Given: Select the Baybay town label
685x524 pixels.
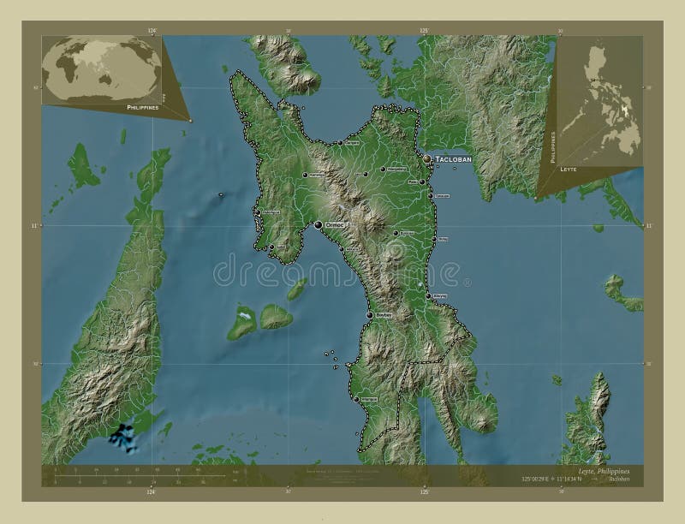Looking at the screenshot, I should click(x=384, y=316).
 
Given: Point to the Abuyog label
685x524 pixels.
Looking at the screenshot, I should click(x=440, y=294).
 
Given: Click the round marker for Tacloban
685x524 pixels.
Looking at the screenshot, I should click(x=427, y=159).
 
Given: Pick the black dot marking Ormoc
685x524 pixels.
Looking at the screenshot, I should click(x=319, y=225).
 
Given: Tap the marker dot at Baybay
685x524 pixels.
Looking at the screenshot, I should click(x=369, y=316).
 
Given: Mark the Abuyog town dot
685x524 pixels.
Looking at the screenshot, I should click(x=428, y=296).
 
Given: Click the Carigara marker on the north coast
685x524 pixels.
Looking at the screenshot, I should click(x=340, y=143).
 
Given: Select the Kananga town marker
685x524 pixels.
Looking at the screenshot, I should click(x=304, y=176).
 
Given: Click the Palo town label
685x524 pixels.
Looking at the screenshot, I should click(x=412, y=181).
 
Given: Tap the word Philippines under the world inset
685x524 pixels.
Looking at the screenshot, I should click(x=142, y=109).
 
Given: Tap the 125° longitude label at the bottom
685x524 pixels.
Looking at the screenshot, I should click(x=423, y=493).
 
